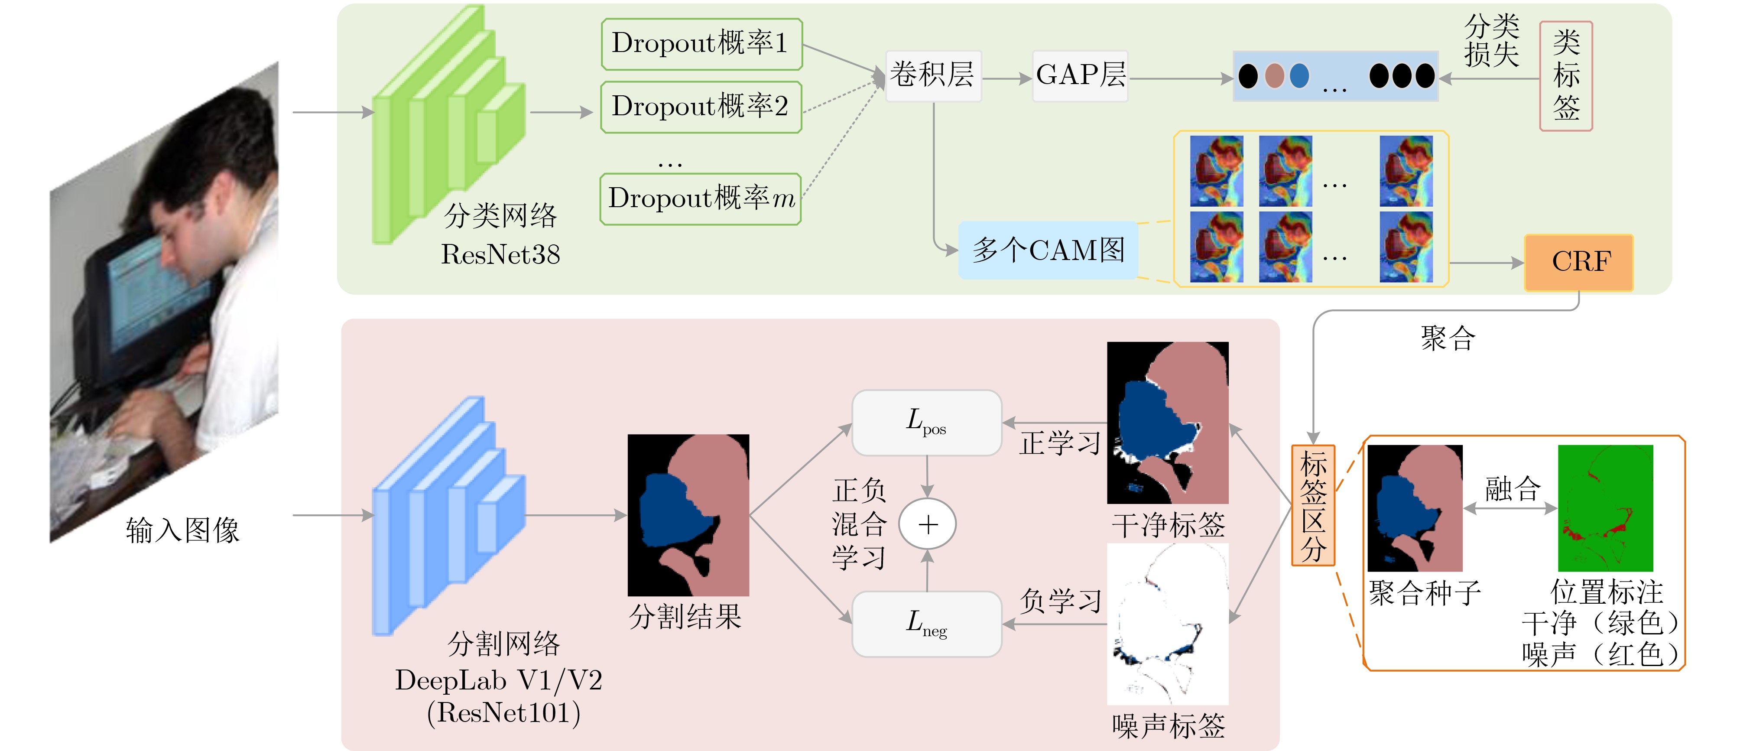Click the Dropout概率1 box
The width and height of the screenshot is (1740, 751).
(701, 44)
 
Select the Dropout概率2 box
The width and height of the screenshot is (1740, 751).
(701, 107)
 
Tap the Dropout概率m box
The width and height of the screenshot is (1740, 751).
(701, 198)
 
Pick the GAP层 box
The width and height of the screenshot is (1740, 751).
(1079, 76)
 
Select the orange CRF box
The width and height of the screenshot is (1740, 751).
(1578, 262)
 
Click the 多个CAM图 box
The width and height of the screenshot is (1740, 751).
(1048, 250)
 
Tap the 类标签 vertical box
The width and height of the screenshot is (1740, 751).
(1566, 76)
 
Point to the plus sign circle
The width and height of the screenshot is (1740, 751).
(928, 524)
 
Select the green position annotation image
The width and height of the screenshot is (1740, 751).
(1605, 508)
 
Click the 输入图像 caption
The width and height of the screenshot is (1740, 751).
(182, 530)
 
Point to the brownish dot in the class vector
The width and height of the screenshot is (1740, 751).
(1274, 76)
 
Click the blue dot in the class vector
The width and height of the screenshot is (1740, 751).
(1299, 76)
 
